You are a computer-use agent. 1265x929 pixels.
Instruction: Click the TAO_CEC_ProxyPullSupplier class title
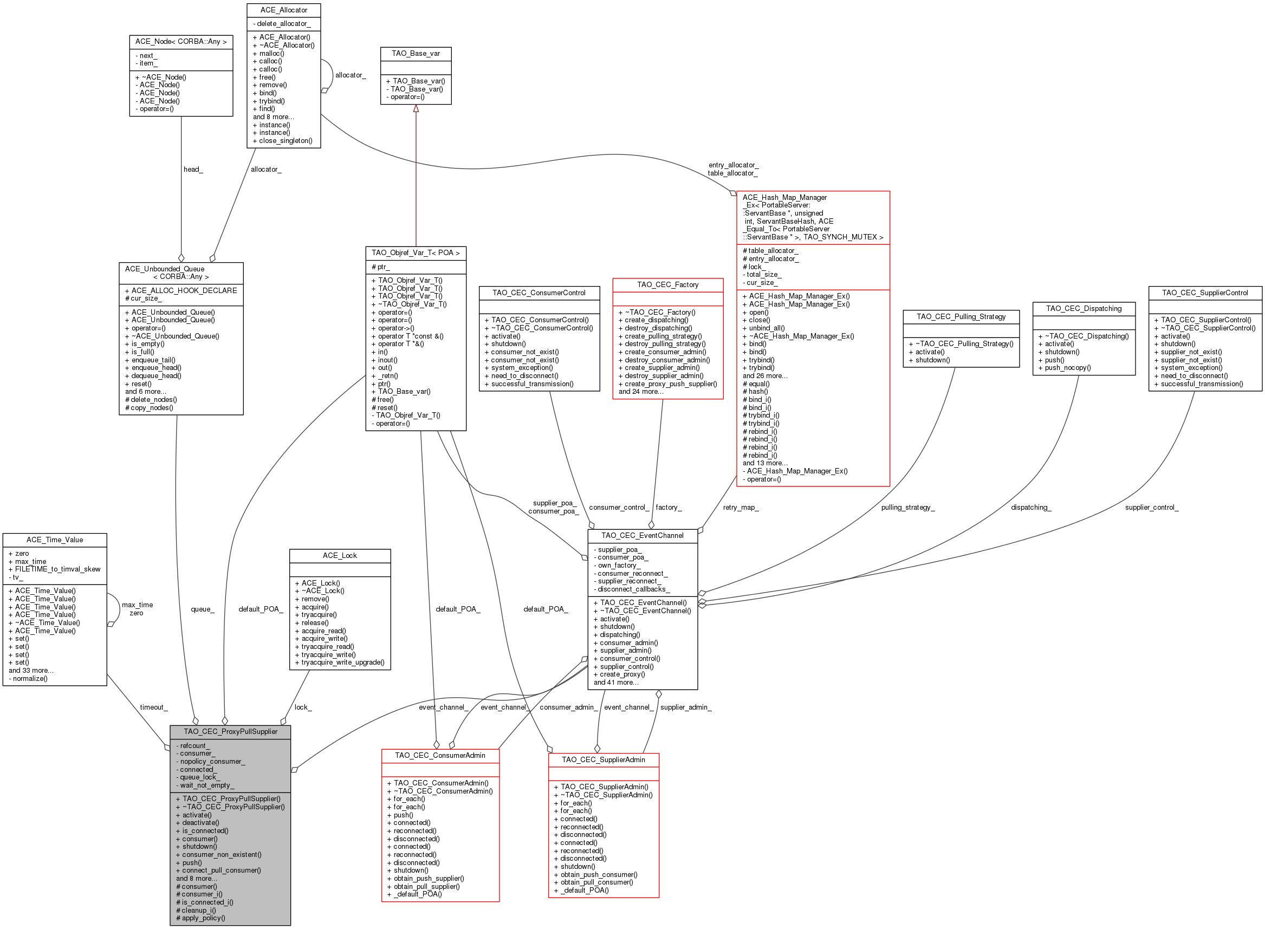231,732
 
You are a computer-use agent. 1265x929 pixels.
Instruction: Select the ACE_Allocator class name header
283,10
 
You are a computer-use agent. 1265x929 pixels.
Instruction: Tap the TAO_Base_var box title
416,54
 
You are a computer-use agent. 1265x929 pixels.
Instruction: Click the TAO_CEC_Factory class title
667,284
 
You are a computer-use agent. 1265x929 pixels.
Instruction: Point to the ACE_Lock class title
340,556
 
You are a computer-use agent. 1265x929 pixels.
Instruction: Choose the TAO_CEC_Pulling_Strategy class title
961,316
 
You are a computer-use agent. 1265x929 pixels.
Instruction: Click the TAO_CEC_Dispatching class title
1084,308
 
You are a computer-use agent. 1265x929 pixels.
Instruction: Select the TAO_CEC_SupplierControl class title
1205,293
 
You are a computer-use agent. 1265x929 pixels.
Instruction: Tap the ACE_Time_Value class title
55,540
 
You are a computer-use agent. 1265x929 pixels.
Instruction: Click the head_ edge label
193,169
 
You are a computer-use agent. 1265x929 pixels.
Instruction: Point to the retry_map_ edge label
740,507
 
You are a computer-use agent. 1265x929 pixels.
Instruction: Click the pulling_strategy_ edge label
908,507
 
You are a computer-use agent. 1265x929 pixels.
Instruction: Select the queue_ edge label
203,609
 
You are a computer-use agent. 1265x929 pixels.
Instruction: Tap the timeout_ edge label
153,707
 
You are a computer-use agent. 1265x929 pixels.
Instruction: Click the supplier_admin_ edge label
686,707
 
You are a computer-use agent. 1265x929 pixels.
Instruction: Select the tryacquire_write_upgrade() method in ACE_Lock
339,662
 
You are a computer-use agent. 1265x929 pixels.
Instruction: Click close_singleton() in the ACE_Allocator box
282,141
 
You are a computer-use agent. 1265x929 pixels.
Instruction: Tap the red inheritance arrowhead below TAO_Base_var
416,108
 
